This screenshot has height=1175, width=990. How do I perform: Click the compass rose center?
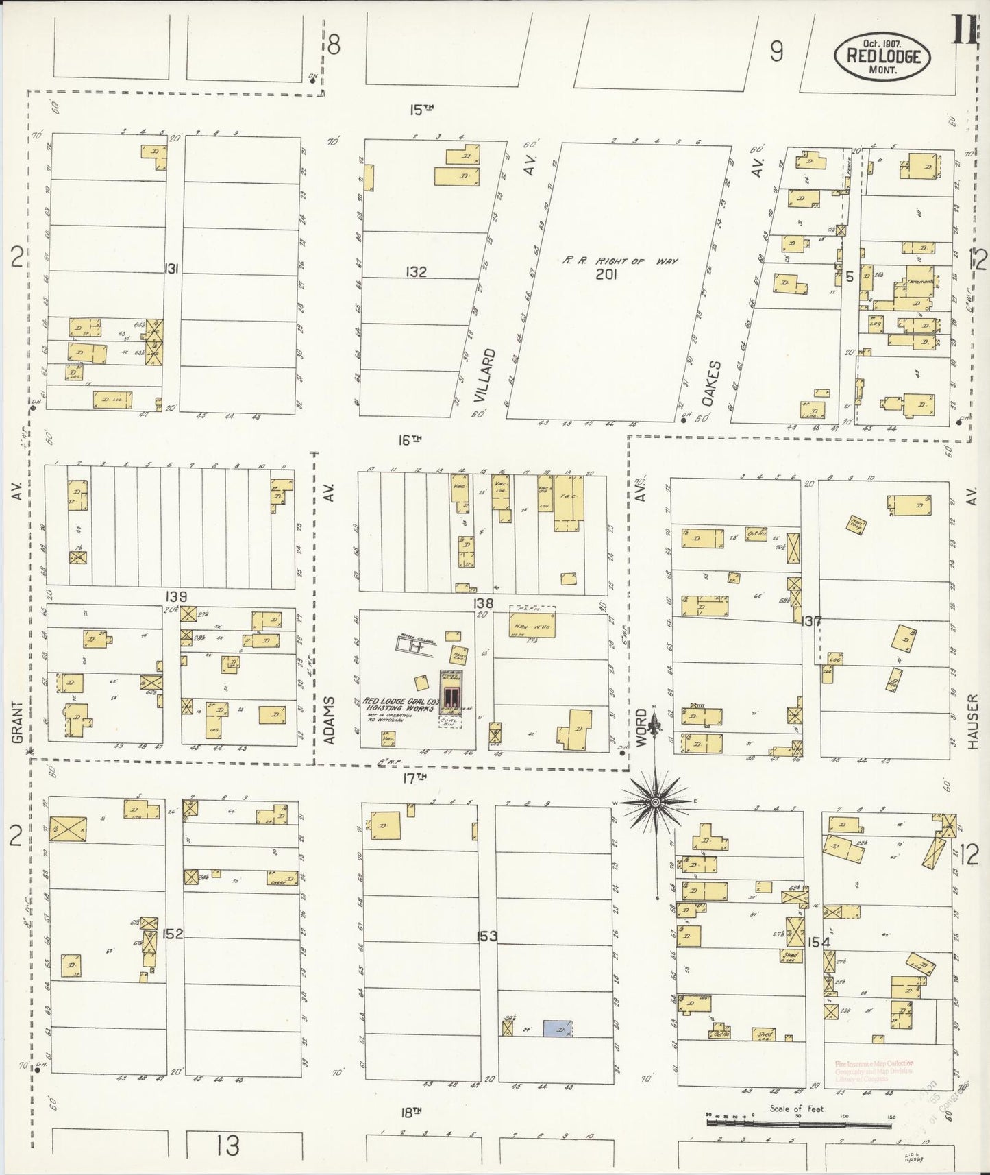[654, 801]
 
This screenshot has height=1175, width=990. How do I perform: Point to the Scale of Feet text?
[796, 1109]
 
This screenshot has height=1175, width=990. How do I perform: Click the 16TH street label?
[410, 441]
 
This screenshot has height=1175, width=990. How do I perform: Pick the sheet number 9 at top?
[776, 52]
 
